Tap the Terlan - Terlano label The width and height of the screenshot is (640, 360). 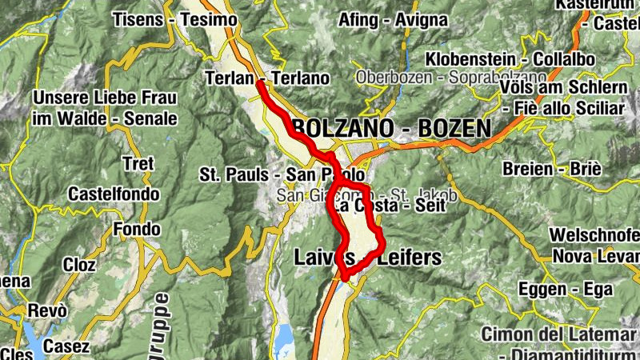pos(267,78)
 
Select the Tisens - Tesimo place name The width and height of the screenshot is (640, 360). pos(176,18)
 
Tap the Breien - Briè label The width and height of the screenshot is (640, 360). pos(552,169)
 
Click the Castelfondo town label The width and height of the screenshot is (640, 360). pos(114,194)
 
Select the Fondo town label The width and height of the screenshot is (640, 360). pos(131,230)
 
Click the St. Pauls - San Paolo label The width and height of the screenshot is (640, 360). pos(282,174)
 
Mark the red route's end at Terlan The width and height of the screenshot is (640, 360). pos(261,82)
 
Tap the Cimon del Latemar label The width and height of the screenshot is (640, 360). pos(560,334)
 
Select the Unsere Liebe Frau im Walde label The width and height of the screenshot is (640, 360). pos(104,108)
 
